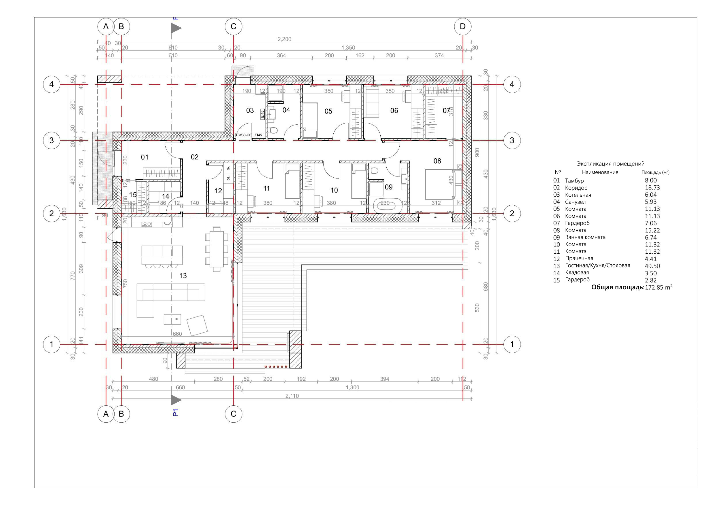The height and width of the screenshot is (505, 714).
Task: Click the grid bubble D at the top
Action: coord(463,26)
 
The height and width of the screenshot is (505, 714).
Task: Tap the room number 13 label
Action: coord(183,276)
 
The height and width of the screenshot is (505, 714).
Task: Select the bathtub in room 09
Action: coord(385,206)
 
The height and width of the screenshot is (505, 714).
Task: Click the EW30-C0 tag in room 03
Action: coord(244,135)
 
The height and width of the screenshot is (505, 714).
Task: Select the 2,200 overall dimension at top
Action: coord(284,39)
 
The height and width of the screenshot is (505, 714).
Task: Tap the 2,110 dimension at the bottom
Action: coord(292,396)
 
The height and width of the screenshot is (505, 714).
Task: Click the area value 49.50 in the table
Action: coord(652,266)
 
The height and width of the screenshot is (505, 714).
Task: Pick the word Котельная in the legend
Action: coord(578,195)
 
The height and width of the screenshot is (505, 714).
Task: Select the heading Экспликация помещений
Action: coord(611,164)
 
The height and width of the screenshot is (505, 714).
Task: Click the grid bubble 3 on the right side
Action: coord(512,141)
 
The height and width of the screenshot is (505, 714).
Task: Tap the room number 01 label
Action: coord(145,157)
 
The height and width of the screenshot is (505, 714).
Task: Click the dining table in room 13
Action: coord(217,249)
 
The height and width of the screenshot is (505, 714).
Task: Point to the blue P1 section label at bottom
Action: coord(175,413)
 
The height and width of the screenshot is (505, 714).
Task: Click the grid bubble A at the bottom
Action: coord(106,414)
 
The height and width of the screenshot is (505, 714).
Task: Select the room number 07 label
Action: coord(446,110)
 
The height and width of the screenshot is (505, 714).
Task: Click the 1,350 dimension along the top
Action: coord(348,48)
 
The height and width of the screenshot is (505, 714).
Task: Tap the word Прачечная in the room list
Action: coord(579,259)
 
